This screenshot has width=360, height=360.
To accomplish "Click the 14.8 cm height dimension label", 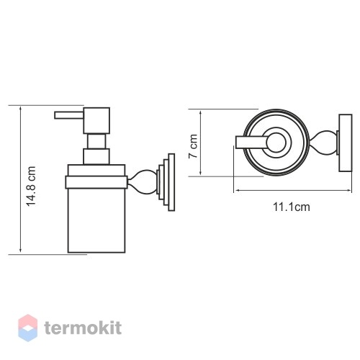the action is [x=31, y=186].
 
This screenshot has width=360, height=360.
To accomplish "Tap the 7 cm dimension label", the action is [x=193, y=146].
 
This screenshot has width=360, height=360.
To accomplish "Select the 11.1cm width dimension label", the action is [x=292, y=207].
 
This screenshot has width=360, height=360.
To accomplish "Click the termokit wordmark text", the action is [x=83, y=328].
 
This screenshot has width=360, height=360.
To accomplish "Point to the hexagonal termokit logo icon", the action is [x=28, y=328].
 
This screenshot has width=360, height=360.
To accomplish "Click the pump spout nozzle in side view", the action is [x=69, y=115].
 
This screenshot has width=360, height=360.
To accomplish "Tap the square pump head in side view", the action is [x=96, y=120].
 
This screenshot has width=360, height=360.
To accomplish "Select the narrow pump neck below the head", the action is [x=96, y=141].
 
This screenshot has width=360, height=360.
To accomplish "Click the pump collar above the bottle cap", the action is [x=96, y=156].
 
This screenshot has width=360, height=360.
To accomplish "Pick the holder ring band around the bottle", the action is [x=96, y=182].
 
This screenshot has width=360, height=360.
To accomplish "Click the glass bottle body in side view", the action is [x=96, y=220].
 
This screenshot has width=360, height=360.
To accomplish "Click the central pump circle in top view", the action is [x=276, y=143].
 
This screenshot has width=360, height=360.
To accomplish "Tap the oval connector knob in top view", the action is [x=323, y=143].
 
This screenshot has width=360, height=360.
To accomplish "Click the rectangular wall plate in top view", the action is [x=346, y=143].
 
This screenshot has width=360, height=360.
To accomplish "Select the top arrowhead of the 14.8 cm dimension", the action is [x=21, y=109].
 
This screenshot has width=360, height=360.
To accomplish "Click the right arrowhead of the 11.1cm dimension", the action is [x=349, y=190].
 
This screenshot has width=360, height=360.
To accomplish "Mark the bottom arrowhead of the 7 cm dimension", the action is [x=200, y=174].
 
